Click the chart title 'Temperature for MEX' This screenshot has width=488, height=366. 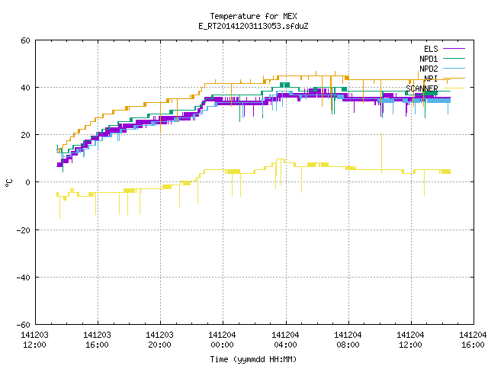(253, 16)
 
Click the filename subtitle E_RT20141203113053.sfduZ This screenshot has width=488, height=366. (253, 26)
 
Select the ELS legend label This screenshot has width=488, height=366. (431, 49)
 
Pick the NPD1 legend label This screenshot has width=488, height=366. (429, 59)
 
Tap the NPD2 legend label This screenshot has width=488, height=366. (429, 69)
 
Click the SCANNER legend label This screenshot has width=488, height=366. (422, 88)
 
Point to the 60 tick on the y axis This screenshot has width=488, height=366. (25, 40)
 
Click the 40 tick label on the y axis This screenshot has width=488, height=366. (25, 88)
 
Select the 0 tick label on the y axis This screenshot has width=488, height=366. (28, 182)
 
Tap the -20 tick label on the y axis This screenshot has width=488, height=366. (24, 230)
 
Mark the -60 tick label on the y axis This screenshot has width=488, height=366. (24, 325)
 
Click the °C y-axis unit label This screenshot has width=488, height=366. (8, 183)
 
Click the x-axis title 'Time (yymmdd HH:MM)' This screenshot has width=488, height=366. (253, 359)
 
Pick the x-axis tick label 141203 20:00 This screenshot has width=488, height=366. (159, 340)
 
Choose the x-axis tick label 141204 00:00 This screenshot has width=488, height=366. (222, 340)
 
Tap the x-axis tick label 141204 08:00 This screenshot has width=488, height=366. (348, 340)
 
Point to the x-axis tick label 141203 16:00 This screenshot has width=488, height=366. (97, 340)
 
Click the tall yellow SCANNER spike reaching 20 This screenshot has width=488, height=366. (381, 153)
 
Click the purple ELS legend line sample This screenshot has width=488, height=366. (454, 49)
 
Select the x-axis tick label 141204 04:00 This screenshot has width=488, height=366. (285, 340)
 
